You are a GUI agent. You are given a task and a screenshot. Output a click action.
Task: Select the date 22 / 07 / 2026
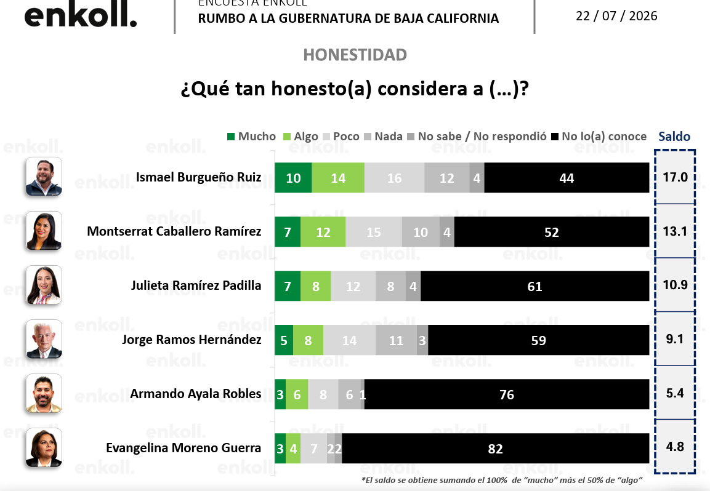pyautogui.click(x=616, y=16)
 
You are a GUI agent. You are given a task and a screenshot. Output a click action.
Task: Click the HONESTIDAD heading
pyautogui.click(x=355, y=55)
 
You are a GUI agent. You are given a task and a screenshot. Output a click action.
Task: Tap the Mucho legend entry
pyautogui.click(x=251, y=136)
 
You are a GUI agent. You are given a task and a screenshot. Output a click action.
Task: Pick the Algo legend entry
pyautogui.click(x=301, y=136)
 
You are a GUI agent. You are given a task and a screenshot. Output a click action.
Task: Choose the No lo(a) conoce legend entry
pyautogui.click(x=599, y=136)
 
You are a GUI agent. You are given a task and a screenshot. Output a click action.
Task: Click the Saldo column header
pyautogui.click(x=674, y=136)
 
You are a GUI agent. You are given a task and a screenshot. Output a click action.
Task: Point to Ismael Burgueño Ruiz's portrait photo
pyautogui.click(x=44, y=177)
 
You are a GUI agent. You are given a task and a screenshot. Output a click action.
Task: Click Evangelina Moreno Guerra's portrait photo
pyautogui.click(x=44, y=447)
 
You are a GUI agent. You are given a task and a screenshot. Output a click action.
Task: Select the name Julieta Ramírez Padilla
pyautogui.click(x=196, y=285)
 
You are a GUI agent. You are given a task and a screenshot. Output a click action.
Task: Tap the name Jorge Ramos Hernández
pyautogui.click(x=192, y=340)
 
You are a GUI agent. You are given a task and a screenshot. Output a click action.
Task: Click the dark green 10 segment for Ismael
pyautogui.click(x=293, y=178)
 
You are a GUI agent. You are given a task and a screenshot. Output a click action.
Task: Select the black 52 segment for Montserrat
pyautogui.click(x=552, y=232)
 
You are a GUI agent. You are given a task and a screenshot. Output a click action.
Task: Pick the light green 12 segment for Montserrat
pyautogui.click(x=323, y=232)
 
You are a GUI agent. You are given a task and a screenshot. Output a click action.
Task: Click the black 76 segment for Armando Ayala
pyautogui.click(x=507, y=394)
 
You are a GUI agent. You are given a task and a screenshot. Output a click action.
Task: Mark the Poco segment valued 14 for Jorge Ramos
pyautogui.click(x=349, y=340)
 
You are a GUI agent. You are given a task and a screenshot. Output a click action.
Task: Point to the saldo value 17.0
pyautogui.click(x=675, y=177)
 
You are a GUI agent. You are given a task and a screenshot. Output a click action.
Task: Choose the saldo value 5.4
pyautogui.click(x=675, y=393)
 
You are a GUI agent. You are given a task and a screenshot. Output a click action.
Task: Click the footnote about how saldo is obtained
pyautogui.click(x=502, y=480)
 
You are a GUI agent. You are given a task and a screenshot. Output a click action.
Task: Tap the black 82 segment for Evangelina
pyautogui.click(x=495, y=449)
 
